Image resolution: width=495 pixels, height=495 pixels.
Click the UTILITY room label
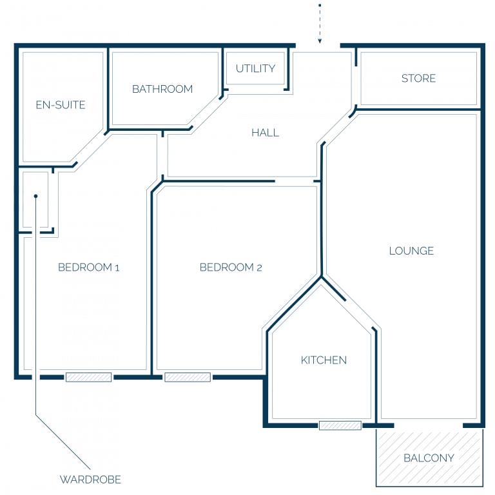click(255, 68)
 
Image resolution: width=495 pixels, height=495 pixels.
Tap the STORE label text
click(418, 78)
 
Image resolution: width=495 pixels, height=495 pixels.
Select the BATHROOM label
click(162, 89)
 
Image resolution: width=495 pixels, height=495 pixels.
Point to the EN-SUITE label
click(61, 105)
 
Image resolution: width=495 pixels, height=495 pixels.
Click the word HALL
click(265, 133)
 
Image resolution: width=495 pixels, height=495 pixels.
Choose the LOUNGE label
click(411, 251)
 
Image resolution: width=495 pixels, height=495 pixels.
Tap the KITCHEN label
click(324, 360)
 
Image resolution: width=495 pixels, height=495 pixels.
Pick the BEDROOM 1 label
click(89, 267)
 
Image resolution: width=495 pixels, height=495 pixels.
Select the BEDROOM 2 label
click(231, 267)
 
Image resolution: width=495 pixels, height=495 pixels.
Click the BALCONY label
click(429, 458)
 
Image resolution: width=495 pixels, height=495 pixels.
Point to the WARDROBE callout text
click(90, 480)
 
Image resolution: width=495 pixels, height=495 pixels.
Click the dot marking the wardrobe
click(35, 196)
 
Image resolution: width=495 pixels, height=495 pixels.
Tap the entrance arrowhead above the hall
click(320, 41)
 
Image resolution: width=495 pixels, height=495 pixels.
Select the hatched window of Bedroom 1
click(89, 377)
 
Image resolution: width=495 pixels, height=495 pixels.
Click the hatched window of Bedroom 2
click(188, 377)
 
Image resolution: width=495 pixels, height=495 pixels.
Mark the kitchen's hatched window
click(340, 425)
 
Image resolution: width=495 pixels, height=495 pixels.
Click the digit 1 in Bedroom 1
click(117, 268)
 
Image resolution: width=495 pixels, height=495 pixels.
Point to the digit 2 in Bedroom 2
click(259, 268)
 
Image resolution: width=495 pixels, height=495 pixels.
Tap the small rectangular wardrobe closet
click(35, 200)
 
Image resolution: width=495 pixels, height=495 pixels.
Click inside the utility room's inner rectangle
click(255, 68)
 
